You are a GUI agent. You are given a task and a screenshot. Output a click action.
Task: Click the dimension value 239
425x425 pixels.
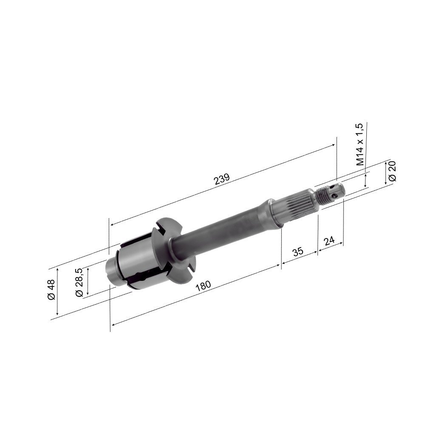pos(221,178)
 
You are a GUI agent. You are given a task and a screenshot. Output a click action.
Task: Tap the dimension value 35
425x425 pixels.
pos(298,251)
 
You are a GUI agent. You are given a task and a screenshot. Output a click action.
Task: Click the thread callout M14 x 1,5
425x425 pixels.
pos(360,144)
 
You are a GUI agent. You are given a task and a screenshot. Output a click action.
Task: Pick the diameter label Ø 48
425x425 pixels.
pos(51,290)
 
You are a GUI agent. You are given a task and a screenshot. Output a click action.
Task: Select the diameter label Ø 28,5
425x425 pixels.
pos(79,282)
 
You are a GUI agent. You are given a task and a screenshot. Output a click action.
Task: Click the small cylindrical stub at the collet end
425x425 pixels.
pos(111,270)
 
